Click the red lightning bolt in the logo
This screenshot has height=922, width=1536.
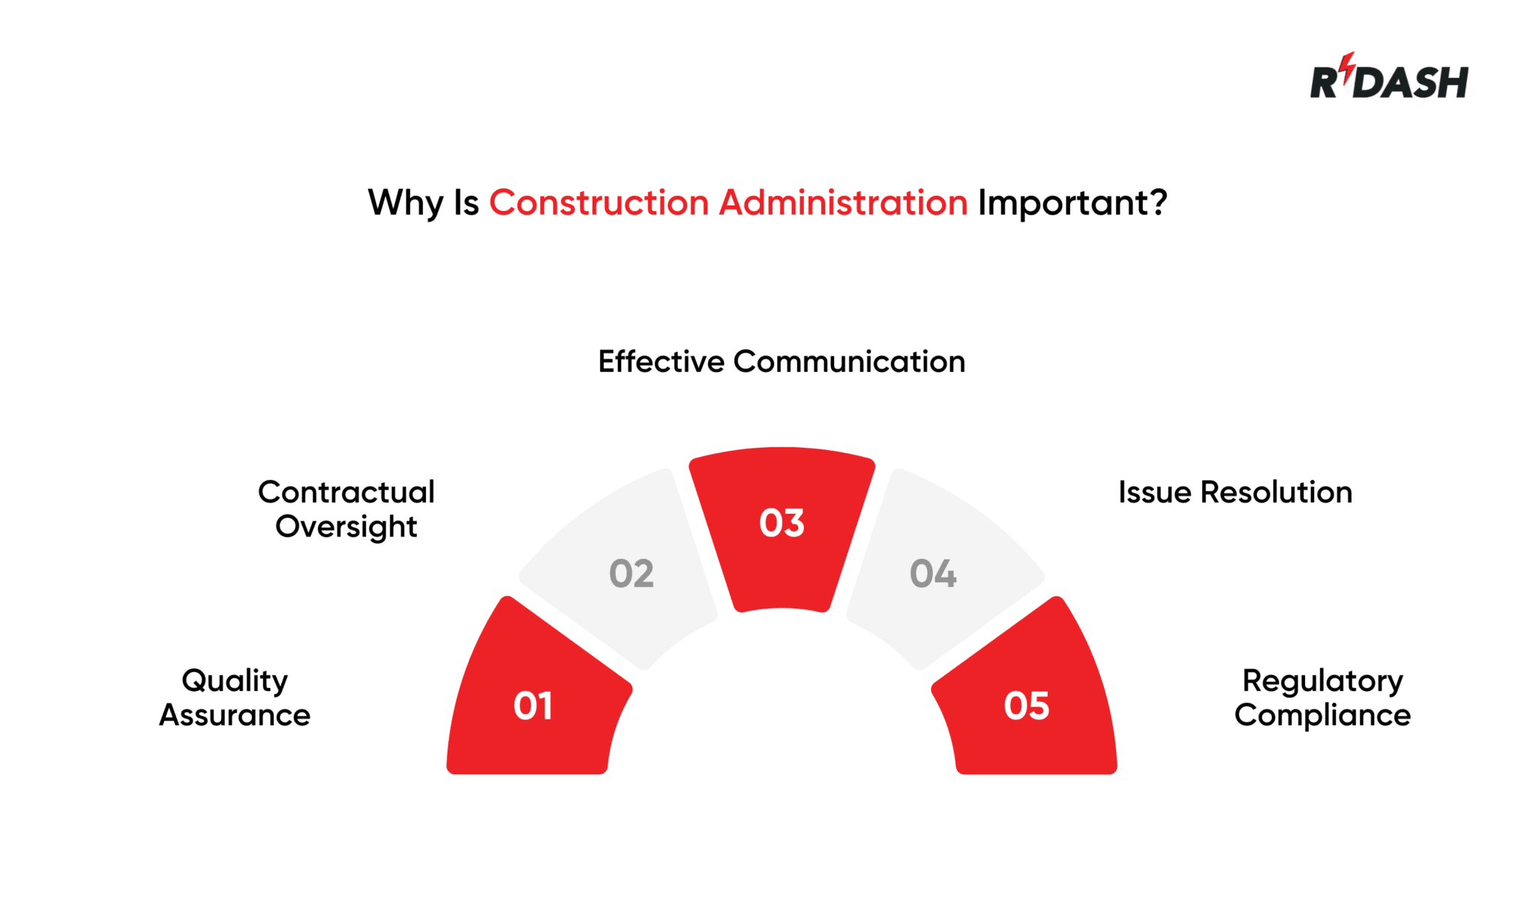click(x=1348, y=68)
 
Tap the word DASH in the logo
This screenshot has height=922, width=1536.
click(x=1412, y=83)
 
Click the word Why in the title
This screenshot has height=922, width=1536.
click(x=405, y=203)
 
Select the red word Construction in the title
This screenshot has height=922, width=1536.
click(x=598, y=203)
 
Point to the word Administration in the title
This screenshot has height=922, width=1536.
click(x=843, y=203)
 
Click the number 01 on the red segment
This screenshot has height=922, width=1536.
click(x=533, y=706)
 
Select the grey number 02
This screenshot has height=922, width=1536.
click(x=631, y=574)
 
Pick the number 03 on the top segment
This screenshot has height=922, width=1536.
click(x=781, y=523)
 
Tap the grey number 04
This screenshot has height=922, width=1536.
click(x=933, y=574)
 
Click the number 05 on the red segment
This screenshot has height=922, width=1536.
click(x=1027, y=706)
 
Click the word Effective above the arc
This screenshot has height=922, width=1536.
click(x=661, y=362)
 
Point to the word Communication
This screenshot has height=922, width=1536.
click(x=849, y=362)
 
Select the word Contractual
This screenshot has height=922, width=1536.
click(x=346, y=492)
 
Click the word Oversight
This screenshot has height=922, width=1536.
click(x=346, y=527)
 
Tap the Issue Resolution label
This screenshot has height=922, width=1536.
click(x=1235, y=492)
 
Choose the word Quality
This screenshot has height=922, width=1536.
click(x=235, y=681)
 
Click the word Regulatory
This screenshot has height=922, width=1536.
click(x=1322, y=681)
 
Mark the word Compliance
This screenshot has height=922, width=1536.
click(x=1322, y=716)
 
